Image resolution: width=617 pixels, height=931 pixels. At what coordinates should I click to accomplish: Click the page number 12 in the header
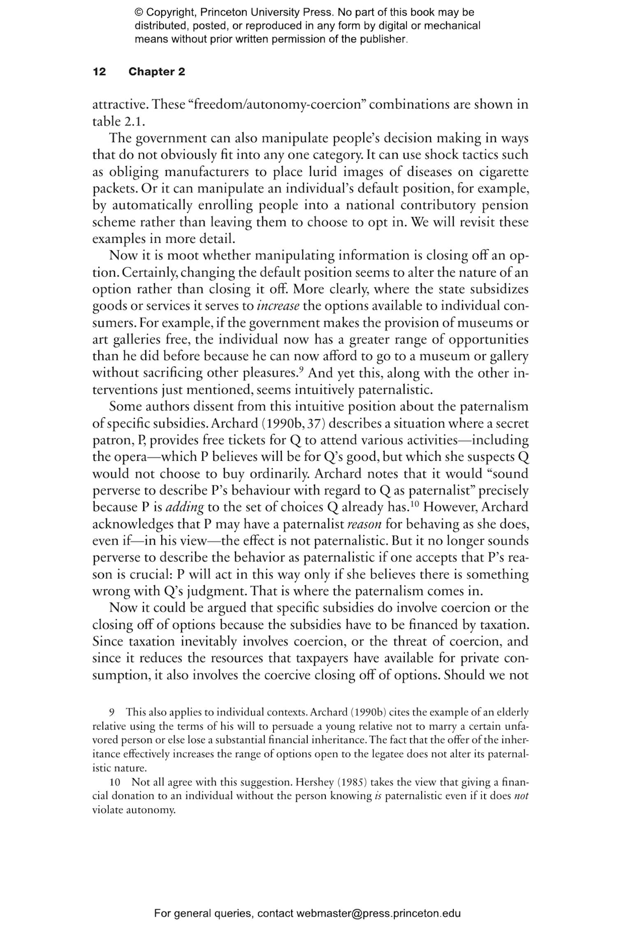(99, 72)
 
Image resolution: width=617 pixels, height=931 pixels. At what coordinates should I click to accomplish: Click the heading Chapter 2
(156, 72)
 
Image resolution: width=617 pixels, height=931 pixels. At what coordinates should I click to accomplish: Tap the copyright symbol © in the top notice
(138, 13)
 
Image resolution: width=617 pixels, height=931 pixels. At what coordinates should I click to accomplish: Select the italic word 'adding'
(184, 507)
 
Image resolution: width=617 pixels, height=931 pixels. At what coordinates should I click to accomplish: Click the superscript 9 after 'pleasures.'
(302, 370)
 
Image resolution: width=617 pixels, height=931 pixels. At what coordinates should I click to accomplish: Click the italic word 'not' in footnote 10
(521, 796)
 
